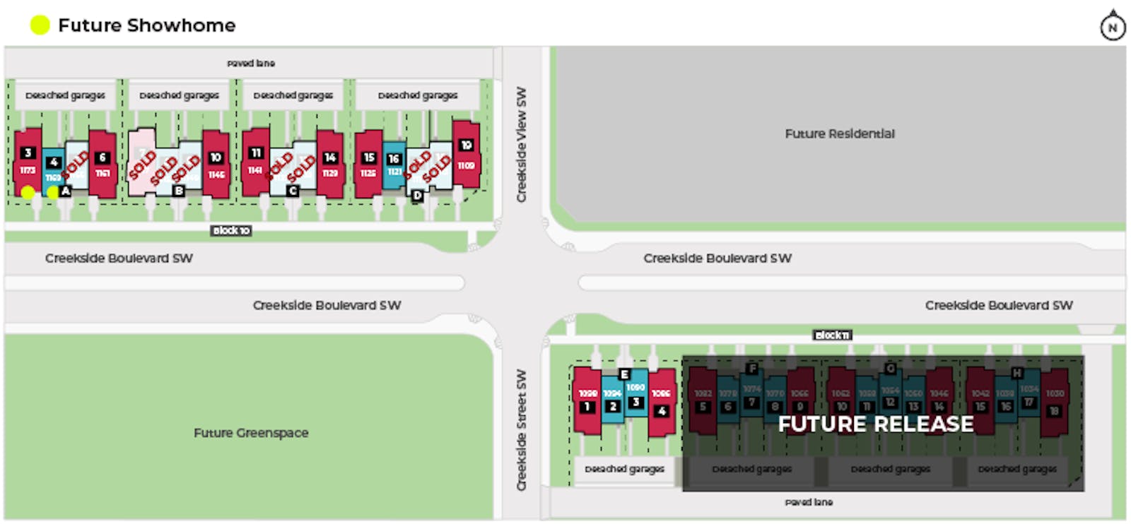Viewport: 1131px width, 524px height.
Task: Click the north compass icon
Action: click(1113, 27)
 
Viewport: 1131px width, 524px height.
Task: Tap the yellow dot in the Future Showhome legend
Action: click(40, 25)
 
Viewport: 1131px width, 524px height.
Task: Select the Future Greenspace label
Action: click(251, 433)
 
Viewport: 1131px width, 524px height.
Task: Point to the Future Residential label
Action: click(840, 133)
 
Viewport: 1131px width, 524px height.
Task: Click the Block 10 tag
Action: click(231, 231)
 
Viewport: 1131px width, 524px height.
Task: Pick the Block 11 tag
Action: click(832, 335)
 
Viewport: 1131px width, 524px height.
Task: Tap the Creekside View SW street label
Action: click(522, 145)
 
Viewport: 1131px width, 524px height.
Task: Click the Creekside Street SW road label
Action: click(522, 429)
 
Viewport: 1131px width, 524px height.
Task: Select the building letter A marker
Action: click(66, 191)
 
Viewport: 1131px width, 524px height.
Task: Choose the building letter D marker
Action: click(417, 196)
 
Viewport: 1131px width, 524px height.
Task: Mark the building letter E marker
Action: click(624, 374)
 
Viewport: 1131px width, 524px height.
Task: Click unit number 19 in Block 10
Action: click(467, 145)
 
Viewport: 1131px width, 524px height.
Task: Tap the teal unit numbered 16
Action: click(394, 160)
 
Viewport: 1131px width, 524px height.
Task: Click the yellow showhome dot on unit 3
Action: click(28, 191)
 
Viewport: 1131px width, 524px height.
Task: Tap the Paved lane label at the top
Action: click(251, 64)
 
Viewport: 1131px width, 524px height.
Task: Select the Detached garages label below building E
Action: click(625, 469)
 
